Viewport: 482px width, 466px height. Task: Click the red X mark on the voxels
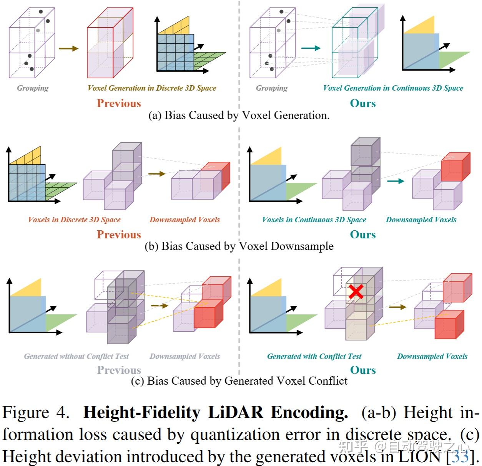point(356,291)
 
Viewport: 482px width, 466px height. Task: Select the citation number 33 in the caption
point(460,456)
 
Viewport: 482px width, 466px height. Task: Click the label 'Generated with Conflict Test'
point(314,356)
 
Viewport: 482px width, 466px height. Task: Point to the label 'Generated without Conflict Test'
point(76,356)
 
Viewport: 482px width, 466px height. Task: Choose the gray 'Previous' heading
point(119,370)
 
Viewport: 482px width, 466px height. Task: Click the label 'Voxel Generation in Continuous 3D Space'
point(393,88)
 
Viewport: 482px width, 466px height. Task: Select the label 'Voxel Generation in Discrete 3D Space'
point(152,88)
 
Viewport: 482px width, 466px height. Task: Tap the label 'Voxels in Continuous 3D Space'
point(314,220)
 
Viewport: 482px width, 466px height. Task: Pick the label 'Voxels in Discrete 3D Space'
point(74,220)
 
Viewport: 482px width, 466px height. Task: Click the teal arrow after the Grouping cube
point(311,48)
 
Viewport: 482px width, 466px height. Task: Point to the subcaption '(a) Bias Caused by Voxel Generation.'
point(239,115)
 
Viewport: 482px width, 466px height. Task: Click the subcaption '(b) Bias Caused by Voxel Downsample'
point(239,246)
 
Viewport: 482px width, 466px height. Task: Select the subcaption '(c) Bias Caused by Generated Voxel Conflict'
point(239,381)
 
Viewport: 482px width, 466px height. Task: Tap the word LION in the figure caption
point(419,456)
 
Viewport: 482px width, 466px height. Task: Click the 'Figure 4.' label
point(36,413)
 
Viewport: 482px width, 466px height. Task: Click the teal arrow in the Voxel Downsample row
point(396,181)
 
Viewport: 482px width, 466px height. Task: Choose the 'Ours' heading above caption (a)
point(362,103)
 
